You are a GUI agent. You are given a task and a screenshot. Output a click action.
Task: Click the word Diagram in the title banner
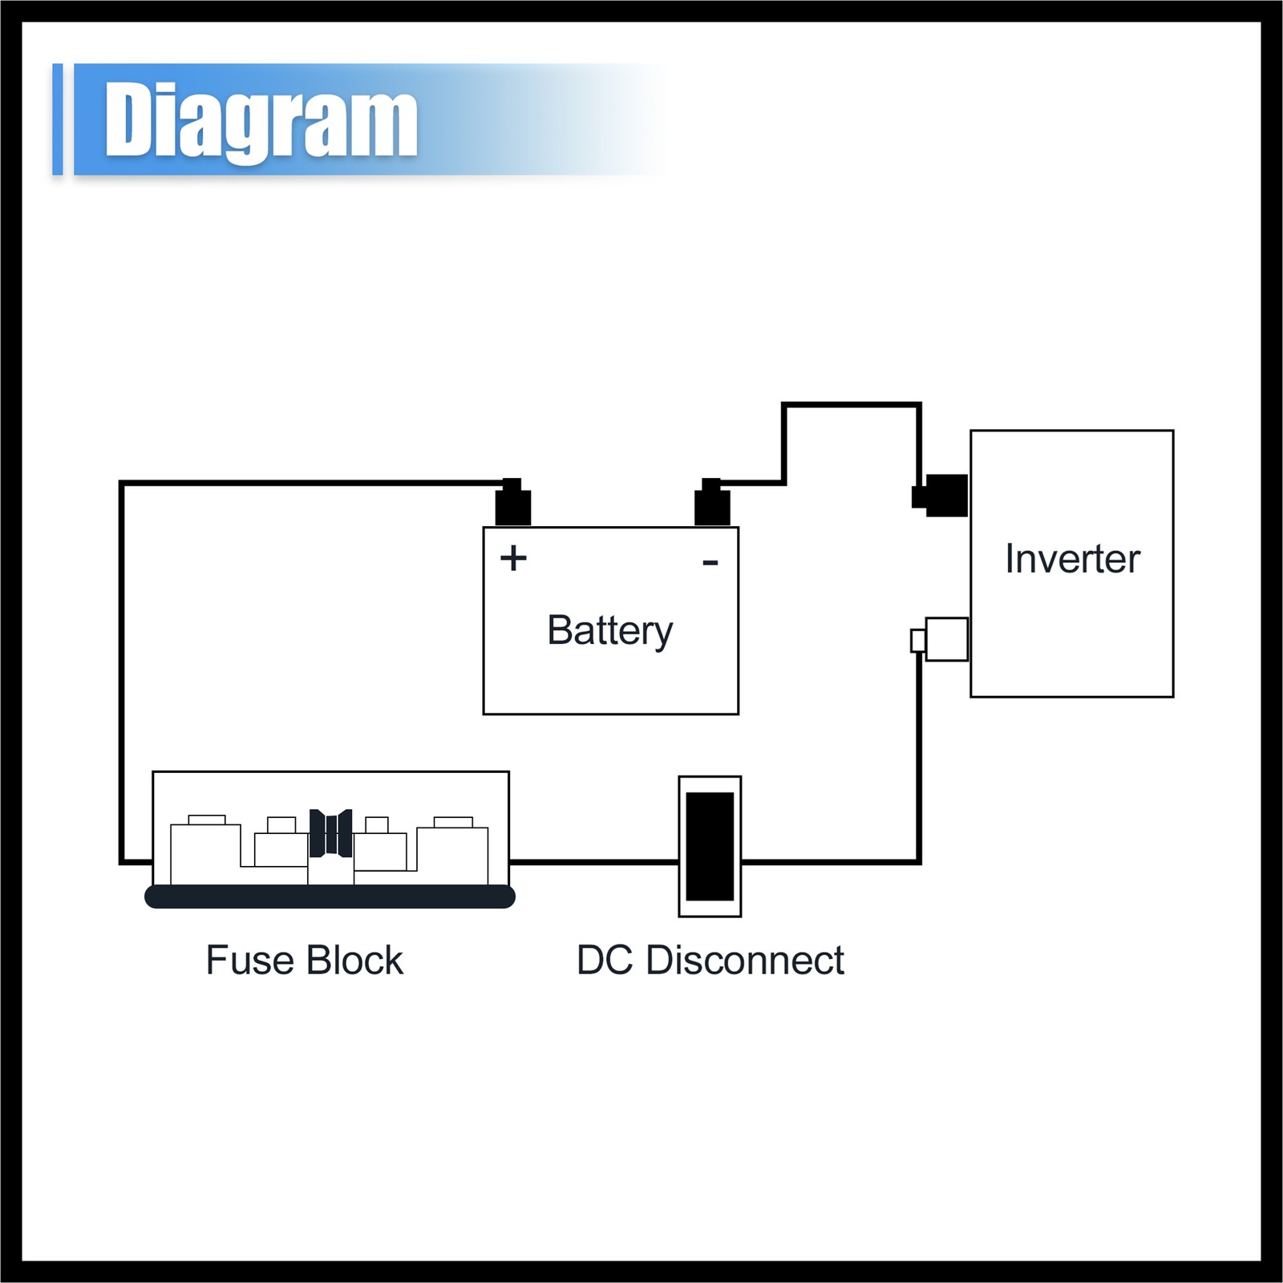pos(261,120)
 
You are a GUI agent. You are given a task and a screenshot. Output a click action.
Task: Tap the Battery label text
pos(609,630)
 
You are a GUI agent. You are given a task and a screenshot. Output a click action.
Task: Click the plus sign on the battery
pos(513,558)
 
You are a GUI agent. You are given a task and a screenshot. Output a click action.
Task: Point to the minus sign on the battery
pos(710,563)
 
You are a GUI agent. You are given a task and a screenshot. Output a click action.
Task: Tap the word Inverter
pos(1072,559)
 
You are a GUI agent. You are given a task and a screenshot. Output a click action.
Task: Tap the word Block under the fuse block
pos(354,961)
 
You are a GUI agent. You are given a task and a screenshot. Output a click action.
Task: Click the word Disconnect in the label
pos(745,961)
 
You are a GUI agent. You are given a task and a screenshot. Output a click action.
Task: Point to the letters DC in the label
pos(607,961)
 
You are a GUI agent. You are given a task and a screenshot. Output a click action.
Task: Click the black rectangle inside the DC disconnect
pos(710,846)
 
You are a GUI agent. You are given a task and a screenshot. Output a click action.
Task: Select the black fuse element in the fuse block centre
pos(330,833)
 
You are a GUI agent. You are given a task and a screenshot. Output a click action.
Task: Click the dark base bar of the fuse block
pos(330,896)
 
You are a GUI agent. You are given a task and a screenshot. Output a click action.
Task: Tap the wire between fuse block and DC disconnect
pos(593,862)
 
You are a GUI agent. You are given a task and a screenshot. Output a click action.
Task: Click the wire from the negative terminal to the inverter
pos(850,405)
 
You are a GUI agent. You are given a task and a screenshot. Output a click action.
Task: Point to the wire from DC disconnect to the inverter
pos(918,762)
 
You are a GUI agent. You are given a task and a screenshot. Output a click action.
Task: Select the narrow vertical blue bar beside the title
pos(57,119)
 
